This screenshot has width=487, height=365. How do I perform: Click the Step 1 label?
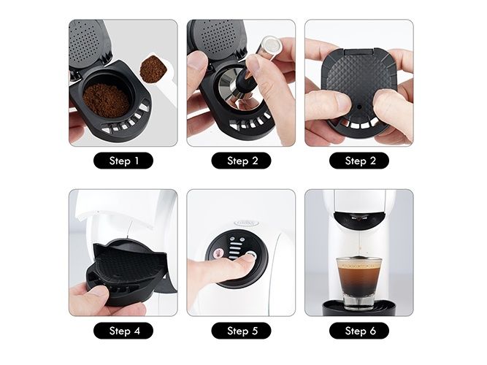click(x=123, y=161)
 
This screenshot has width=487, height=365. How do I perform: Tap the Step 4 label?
click(x=123, y=331)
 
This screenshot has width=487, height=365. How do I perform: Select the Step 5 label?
click(x=242, y=331)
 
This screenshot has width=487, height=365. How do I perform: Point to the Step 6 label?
click(x=359, y=331)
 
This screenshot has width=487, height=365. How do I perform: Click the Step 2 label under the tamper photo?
click(x=242, y=161)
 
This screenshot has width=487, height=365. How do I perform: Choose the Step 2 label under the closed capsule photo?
click(x=359, y=161)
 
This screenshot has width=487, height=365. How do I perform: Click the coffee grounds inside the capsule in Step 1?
click(x=106, y=100)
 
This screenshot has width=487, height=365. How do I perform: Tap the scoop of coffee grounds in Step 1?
click(x=153, y=69)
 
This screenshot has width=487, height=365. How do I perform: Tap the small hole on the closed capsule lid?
click(x=359, y=107)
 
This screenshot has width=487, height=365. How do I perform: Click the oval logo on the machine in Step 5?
click(x=246, y=223)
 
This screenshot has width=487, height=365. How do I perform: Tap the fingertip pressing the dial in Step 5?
click(x=248, y=258)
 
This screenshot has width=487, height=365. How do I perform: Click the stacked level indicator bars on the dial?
click(x=235, y=247)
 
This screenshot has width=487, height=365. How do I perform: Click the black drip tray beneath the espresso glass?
click(x=359, y=308)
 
